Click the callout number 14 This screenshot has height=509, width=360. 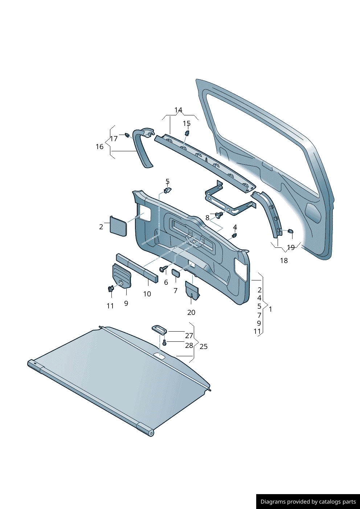tap(179, 110)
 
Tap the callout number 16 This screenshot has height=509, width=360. tap(99, 147)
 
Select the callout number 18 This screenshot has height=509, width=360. tap(284, 260)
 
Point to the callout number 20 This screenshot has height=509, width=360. tap(191, 313)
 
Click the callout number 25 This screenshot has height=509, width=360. tap(204, 347)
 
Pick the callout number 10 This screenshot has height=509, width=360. tap(147, 294)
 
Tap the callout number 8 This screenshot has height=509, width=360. tap(207, 218)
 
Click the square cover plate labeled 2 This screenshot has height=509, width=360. tap(118, 226)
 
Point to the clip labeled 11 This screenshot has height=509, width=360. tap(111, 289)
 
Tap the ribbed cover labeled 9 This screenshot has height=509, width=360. tap(122, 276)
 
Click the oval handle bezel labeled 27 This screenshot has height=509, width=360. tap(160, 330)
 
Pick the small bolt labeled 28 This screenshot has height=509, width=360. tap(165, 343)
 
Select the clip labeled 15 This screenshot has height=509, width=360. tap(187, 133)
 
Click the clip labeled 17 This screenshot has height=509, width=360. tap(127, 135)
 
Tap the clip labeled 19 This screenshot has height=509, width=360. tap(290, 231)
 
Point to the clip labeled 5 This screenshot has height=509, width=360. tap(168, 190)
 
